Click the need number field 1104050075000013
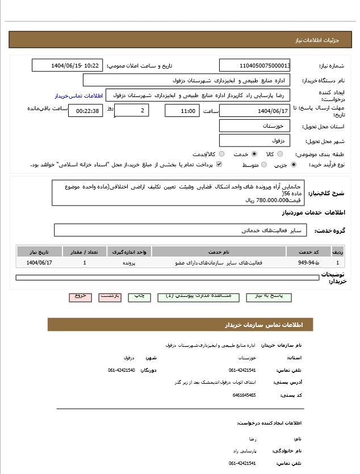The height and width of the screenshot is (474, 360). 255,65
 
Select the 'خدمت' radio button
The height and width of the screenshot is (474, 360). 254,154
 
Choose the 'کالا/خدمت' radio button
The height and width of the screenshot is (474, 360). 221,154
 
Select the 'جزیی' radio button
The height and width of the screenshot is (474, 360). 293,165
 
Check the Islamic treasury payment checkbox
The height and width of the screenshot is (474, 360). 219,165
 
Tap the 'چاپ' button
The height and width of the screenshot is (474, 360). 139,297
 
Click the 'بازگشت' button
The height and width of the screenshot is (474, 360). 110,297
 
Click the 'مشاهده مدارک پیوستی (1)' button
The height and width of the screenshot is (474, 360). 198,297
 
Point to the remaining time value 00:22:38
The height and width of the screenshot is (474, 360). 85,111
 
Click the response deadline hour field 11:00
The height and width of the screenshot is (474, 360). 182,111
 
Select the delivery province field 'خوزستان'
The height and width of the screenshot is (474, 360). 255,125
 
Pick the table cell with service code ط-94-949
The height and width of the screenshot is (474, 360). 308,263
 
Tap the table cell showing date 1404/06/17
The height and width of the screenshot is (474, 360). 40,263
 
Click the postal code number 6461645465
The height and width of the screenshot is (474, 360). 244,395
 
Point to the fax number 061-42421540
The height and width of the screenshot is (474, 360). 122,370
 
